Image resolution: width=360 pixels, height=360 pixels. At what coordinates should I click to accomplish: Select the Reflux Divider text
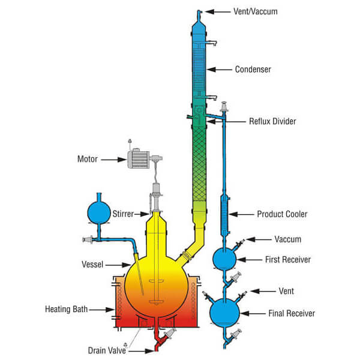click(272, 121)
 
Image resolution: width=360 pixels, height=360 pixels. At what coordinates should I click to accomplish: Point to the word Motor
click(88, 160)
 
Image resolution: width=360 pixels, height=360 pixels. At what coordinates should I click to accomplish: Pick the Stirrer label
click(122, 214)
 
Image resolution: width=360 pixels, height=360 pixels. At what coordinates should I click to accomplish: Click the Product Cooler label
click(282, 214)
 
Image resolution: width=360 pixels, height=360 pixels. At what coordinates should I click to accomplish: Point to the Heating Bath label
click(66, 310)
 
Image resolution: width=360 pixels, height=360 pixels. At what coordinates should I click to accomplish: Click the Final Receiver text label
click(291, 313)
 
